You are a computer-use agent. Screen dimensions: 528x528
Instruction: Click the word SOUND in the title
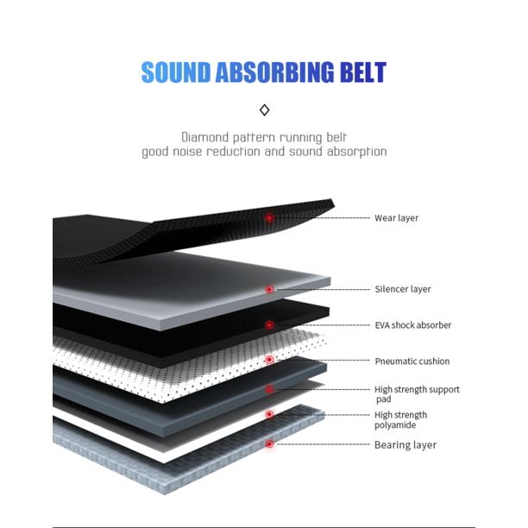tap(176, 72)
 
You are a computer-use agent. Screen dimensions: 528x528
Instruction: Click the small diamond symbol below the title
tap(265, 110)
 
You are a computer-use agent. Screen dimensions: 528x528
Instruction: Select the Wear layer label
tap(396, 218)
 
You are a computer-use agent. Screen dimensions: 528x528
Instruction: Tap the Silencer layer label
tap(402, 290)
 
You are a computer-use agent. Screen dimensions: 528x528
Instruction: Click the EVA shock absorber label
tap(412, 325)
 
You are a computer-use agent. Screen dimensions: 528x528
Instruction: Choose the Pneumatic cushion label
tap(412, 361)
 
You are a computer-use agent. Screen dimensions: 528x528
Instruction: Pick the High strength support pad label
tap(417, 394)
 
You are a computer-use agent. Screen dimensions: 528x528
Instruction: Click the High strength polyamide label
tap(400, 420)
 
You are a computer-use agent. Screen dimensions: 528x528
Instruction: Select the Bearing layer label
tap(405, 445)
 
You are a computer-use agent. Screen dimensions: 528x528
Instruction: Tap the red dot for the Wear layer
tap(269, 218)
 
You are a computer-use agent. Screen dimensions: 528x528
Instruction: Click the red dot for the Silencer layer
tap(269, 290)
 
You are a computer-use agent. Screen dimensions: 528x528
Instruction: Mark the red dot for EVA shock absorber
tap(269, 325)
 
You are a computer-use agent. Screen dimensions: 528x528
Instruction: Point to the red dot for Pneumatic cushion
tap(269, 359)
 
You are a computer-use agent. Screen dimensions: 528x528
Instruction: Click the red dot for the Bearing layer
tap(269, 443)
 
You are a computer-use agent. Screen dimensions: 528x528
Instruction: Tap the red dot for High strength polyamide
tap(269, 415)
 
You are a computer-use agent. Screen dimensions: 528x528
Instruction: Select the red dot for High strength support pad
tap(269, 389)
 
